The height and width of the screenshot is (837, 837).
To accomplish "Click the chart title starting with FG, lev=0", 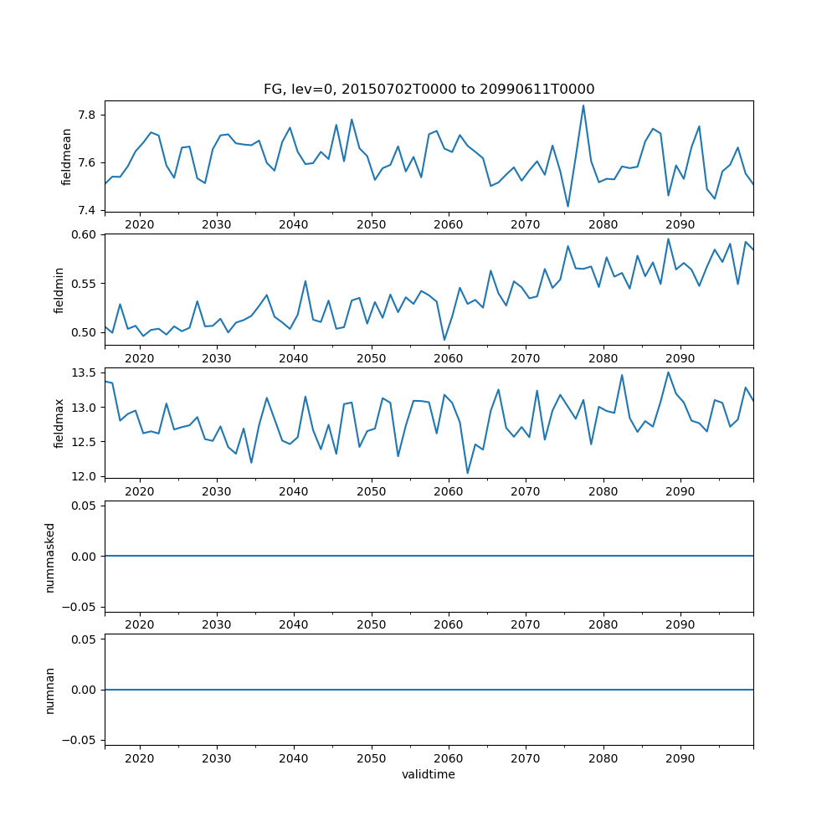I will [x=429, y=89].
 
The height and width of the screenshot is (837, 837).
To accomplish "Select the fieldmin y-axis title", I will [x=59, y=289].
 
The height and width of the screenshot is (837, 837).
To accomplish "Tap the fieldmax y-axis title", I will [x=59, y=423].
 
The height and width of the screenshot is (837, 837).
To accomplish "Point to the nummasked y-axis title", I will [x=49, y=556].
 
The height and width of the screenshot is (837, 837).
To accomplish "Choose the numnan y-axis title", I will [x=49, y=690].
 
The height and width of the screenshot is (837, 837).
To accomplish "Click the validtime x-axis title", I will [x=429, y=774].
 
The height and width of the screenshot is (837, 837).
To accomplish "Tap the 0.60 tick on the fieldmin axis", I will [x=85, y=234].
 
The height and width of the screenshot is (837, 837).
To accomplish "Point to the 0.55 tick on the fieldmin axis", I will [x=85, y=283].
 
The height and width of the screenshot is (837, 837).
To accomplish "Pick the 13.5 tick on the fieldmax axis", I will [x=85, y=372].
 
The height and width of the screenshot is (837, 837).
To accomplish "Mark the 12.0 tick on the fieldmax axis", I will [x=85, y=476].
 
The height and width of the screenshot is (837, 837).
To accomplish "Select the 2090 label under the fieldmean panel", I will [x=680, y=224].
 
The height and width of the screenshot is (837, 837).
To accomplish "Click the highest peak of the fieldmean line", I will [x=583, y=105].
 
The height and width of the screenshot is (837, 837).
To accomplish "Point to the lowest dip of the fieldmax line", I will [x=467, y=474].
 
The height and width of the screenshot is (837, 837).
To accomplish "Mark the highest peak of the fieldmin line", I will [x=668, y=239].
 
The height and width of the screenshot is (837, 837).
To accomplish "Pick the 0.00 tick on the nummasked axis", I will [x=85, y=556].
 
